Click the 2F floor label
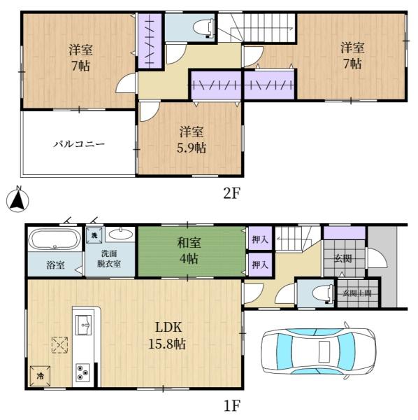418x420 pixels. pos(231,194)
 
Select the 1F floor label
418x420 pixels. pos(231,405)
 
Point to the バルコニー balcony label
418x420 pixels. pos(79,145)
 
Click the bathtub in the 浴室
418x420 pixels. pos(55,241)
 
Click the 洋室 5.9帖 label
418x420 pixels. pos(191,139)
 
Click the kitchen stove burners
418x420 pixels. pos(83,372)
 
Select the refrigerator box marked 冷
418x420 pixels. pos(39,375)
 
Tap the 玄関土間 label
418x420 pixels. pos(356,293)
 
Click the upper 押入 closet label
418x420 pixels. pos(258,239)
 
